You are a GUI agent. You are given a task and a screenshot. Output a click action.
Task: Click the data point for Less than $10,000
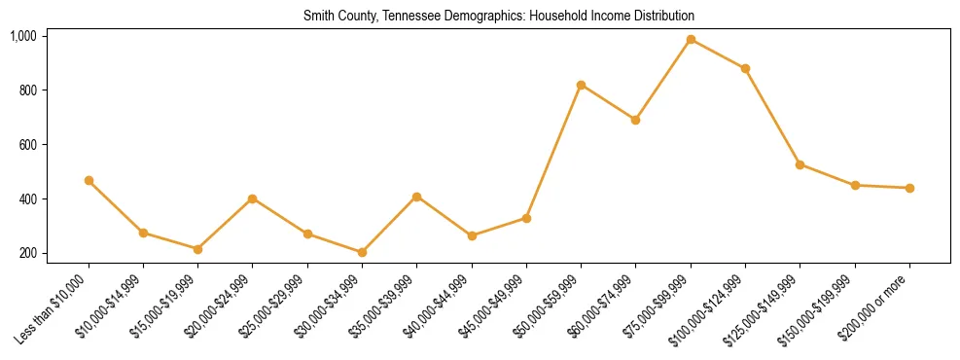[x=89, y=181]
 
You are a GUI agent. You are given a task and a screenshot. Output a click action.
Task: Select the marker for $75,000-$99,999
[x=691, y=40]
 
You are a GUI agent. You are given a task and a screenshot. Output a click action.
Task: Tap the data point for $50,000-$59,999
[x=581, y=86]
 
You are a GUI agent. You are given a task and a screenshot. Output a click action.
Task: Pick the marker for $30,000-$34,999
[x=362, y=252]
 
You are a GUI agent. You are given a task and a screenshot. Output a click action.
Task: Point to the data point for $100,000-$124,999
[x=745, y=69]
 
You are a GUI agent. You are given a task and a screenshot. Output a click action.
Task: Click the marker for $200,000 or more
[x=909, y=188]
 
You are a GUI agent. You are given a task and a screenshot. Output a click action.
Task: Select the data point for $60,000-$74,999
[x=635, y=121]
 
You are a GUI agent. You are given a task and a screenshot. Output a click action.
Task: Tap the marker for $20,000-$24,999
[x=253, y=198]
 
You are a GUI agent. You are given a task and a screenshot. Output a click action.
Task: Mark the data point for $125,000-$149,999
[x=800, y=164]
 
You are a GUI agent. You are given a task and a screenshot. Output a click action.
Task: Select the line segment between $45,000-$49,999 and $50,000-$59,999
[x=553, y=152]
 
